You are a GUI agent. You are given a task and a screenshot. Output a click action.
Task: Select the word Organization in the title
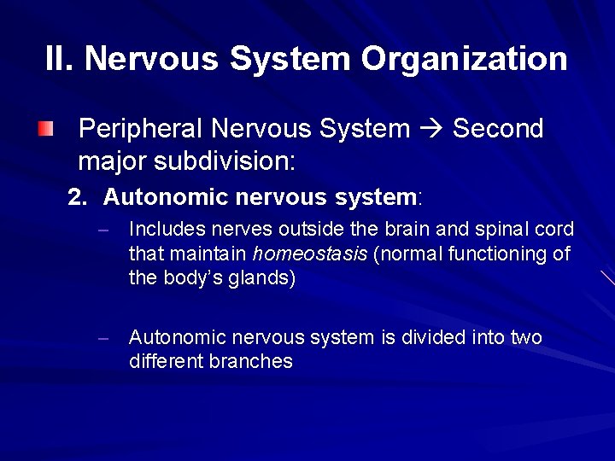click(464, 59)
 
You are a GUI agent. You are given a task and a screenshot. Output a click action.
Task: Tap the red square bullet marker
click(46, 130)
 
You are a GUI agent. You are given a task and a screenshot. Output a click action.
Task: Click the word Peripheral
click(140, 129)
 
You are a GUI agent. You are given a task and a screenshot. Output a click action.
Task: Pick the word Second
click(498, 129)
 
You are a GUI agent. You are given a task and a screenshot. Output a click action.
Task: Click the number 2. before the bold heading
click(78, 198)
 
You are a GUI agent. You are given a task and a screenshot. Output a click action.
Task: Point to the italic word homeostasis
click(310, 254)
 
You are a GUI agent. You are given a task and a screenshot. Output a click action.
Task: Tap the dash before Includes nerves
click(102, 230)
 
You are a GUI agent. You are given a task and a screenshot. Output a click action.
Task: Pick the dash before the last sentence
click(102, 338)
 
